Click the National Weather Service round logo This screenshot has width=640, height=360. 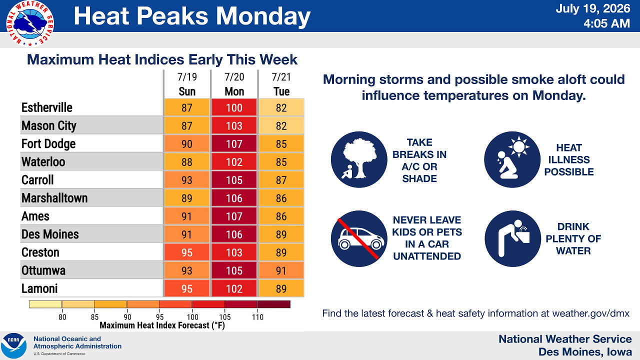[29, 23]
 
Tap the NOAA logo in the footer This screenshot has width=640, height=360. [13, 345]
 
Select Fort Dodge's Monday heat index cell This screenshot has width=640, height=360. [234, 143]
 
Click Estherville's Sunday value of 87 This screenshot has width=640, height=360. [187, 107]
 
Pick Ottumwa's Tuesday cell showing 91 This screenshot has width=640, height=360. [281, 270]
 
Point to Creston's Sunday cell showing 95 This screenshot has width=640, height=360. [187, 252]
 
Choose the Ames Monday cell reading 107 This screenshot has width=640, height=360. [234, 216]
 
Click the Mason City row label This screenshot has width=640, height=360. [49, 125]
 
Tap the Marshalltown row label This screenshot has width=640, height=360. [54, 198]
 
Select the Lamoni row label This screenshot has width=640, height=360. [39, 288]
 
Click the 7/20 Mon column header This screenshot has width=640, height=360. [234, 84]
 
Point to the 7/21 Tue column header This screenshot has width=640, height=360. [281, 84]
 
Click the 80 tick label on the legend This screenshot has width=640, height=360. [62, 317]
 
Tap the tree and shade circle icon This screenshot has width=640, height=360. [359, 159]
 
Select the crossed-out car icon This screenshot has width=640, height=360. [359, 239]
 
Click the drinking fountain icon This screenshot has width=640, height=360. [512, 239]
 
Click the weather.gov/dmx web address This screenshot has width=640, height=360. [590, 313]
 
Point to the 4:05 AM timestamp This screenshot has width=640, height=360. [606, 23]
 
